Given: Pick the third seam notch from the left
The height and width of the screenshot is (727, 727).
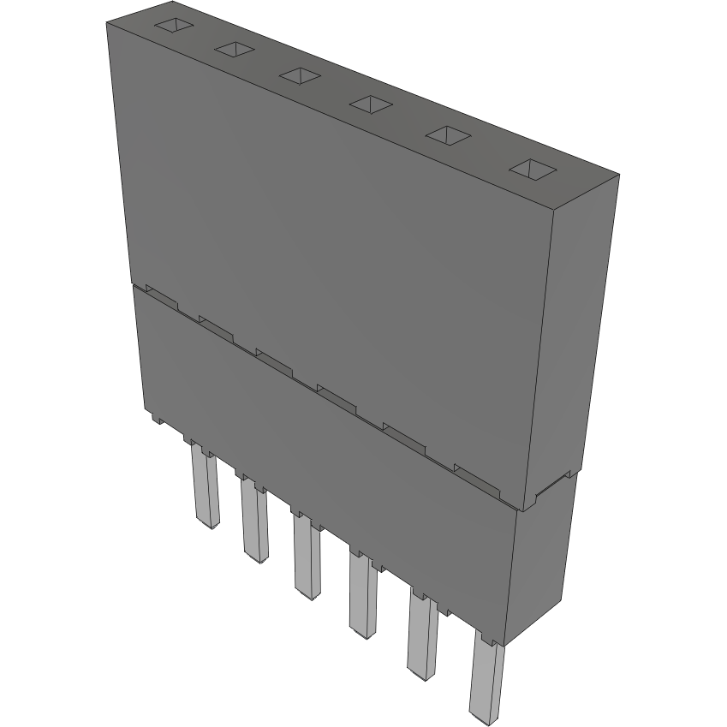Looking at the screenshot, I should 274,358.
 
